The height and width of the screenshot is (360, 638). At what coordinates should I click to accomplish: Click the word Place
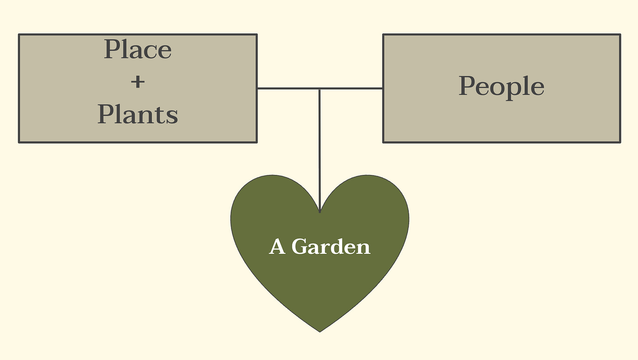[x=138, y=50]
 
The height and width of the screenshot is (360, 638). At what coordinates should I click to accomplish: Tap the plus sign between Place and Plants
[x=138, y=82]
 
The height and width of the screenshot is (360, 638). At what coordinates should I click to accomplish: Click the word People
[x=501, y=86]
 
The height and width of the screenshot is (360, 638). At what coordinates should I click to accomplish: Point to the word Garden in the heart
[x=331, y=246]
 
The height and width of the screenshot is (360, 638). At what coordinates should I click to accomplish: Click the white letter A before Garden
[x=277, y=246]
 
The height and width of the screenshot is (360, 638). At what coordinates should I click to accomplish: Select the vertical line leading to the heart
[x=319, y=149]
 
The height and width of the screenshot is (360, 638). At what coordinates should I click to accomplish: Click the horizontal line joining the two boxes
[x=285, y=89]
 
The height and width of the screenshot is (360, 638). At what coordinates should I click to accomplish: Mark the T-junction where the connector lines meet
[x=319, y=89]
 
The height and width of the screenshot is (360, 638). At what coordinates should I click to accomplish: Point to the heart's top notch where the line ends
[x=320, y=212]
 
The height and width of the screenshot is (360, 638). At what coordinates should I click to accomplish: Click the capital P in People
[x=468, y=86]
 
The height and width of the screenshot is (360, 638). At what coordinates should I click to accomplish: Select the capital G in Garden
[x=300, y=246]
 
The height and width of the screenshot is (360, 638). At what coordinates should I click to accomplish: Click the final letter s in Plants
[x=173, y=116]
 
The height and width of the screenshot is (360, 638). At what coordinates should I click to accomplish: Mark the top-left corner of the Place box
[x=19, y=34]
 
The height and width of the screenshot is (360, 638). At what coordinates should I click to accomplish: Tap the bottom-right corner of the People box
[x=620, y=142]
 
